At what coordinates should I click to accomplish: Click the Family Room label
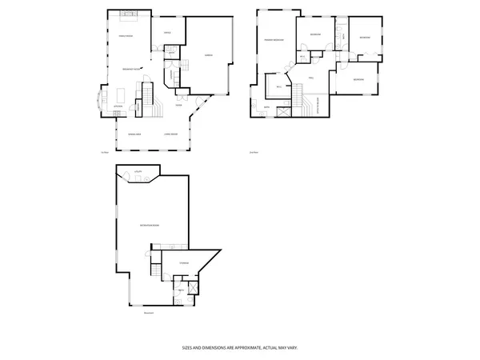(x=126, y=38)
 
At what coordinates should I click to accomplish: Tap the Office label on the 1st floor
(x=167, y=33)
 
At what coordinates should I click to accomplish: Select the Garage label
(x=208, y=55)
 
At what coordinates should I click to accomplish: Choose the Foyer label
(x=179, y=105)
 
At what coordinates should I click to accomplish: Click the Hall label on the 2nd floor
(x=310, y=77)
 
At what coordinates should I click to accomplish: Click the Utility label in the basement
(x=138, y=172)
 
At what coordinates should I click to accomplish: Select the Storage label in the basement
(x=183, y=262)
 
